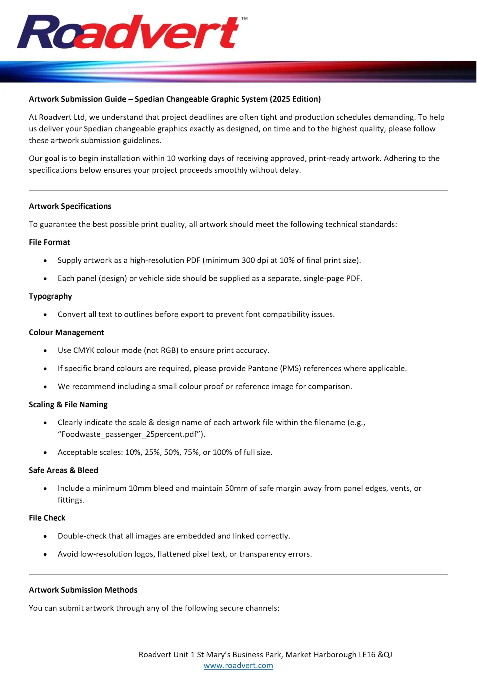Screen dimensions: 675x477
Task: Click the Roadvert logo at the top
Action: (x=128, y=32)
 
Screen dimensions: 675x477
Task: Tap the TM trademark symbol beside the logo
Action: (x=244, y=18)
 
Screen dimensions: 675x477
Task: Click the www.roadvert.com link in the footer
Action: (x=238, y=665)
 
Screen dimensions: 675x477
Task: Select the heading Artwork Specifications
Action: (x=70, y=206)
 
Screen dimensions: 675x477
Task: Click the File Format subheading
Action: (x=49, y=242)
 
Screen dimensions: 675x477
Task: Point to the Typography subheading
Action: (x=50, y=296)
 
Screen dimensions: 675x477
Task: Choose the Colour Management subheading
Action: (x=66, y=332)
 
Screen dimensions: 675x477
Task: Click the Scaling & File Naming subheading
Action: (x=68, y=404)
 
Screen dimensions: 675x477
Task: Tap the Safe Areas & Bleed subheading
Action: (x=64, y=470)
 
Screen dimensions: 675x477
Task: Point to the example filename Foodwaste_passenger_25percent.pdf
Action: (x=129, y=434)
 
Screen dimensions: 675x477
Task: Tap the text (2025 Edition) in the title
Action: (x=295, y=99)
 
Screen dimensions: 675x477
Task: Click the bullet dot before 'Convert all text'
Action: (x=45, y=315)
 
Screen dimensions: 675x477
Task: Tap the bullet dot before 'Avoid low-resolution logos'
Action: (x=45, y=554)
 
